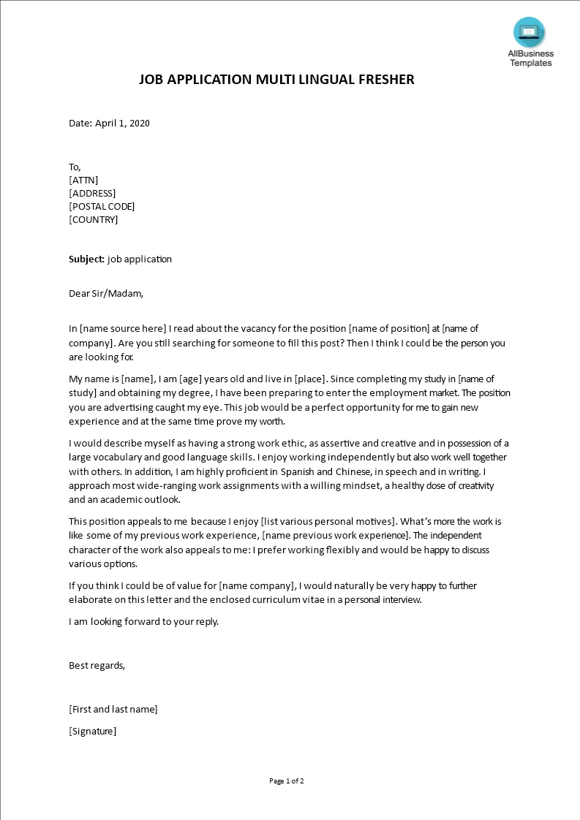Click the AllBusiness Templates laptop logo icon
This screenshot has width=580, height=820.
(x=529, y=32)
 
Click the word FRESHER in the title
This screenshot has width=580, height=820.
(x=386, y=79)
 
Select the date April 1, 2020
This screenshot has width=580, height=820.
(x=122, y=123)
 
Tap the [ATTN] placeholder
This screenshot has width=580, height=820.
(x=83, y=180)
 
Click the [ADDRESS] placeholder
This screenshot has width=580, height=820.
(x=92, y=193)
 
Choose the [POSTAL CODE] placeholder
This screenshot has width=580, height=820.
(x=102, y=206)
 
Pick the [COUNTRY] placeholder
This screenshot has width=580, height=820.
(x=93, y=219)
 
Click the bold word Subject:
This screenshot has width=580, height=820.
(x=86, y=259)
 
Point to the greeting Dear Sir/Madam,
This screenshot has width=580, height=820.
(x=106, y=294)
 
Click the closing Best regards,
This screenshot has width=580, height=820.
(x=97, y=665)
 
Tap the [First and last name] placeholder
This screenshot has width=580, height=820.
(x=113, y=709)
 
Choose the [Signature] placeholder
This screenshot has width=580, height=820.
(x=92, y=731)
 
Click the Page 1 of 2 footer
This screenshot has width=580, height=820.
(x=286, y=781)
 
